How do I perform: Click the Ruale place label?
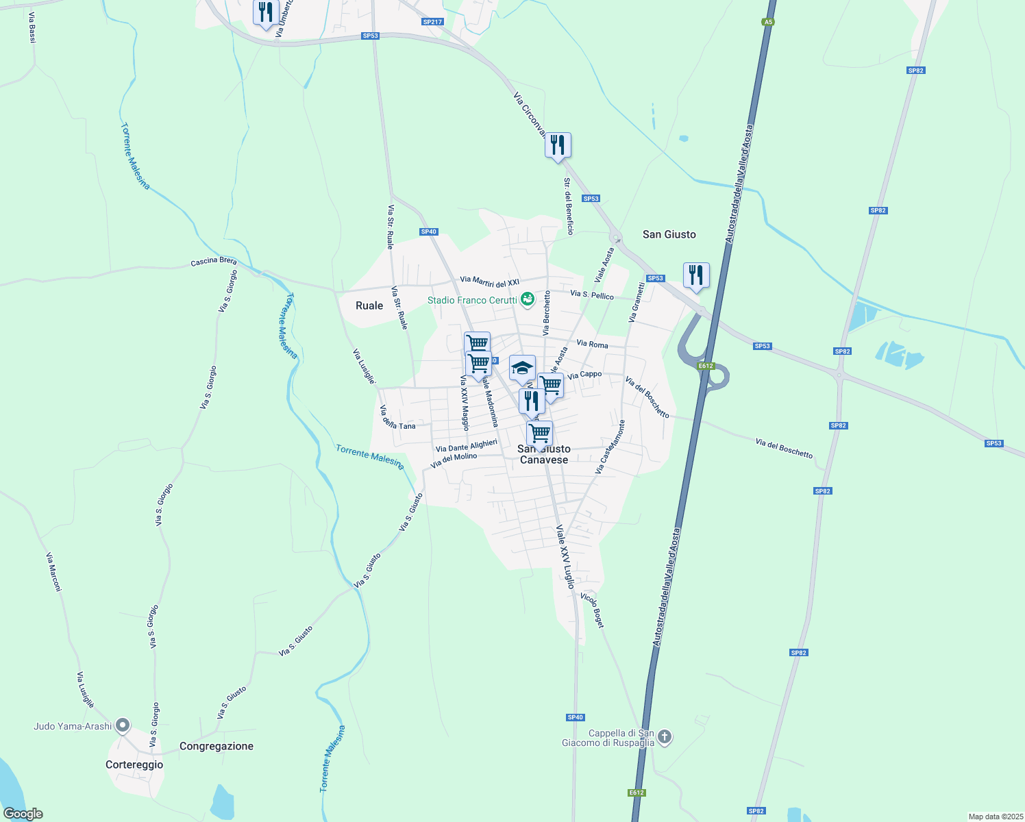tap(369, 306)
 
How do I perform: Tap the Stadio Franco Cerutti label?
tap(472, 300)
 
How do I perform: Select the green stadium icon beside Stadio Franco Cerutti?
tap(527, 299)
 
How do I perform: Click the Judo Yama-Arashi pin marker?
tap(123, 725)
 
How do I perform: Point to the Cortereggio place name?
tap(134, 764)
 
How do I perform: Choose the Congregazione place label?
tap(217, 746)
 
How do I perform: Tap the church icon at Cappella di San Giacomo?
tap(665, 737)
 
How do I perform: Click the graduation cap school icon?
tap(522, 369)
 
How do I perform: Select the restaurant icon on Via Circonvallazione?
tap(558, 145)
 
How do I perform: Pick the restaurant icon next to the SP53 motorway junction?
tap(696, 275)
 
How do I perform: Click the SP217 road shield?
tap(432, 22)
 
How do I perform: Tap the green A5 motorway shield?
tap(768, 22)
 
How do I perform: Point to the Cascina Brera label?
tap(214, 261)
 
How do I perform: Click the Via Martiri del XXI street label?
tap(490, 281)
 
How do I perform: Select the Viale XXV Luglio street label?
tap(565, 557)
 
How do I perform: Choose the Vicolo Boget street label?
tap(593, 608)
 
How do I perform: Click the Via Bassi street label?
tap(32, 27)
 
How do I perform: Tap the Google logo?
tap(23, 814)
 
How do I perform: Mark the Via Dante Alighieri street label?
tap(467, 446)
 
